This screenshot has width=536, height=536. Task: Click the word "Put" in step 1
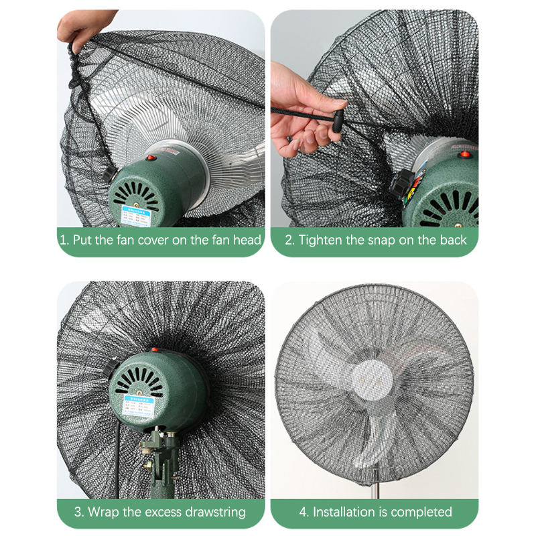click(x=82, y=240)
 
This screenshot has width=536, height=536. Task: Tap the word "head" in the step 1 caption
click(x=247, y=240)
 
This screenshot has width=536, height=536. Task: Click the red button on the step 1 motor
click(x=151, y=157)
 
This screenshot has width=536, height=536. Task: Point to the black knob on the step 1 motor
click(x=109, y=175)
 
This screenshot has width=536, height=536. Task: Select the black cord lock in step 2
click(x=338, y=121)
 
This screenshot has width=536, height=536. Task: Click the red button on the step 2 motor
click(x=464, y=154)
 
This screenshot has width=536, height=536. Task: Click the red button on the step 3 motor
click(x=155, y=349)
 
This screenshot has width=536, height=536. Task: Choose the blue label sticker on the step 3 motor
click(x=139, y=406)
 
